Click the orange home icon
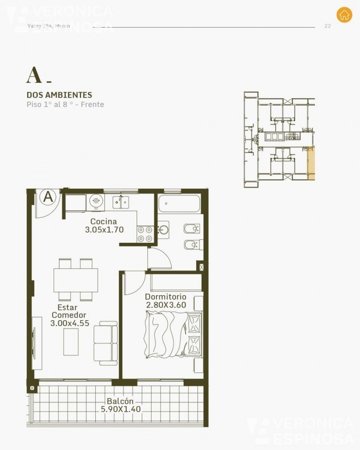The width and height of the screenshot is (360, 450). [344, 15]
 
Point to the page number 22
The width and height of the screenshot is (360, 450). [327, 26]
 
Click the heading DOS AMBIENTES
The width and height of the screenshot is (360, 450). [59, 95]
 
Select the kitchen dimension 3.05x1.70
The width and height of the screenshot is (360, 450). [104, 230]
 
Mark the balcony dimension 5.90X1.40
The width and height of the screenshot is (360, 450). [120, 409]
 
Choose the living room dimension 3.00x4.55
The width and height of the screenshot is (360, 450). [69, 324]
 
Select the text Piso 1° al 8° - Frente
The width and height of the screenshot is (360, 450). [65, 105]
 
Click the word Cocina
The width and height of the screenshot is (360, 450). [103, 221]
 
